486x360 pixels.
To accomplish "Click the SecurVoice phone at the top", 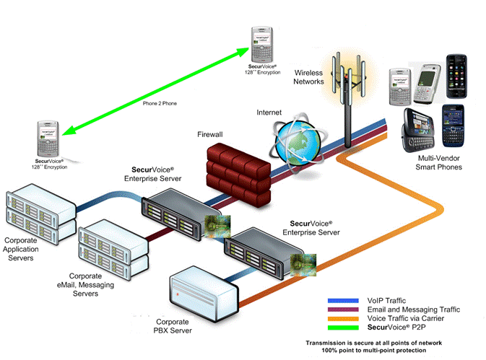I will point(261,44).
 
